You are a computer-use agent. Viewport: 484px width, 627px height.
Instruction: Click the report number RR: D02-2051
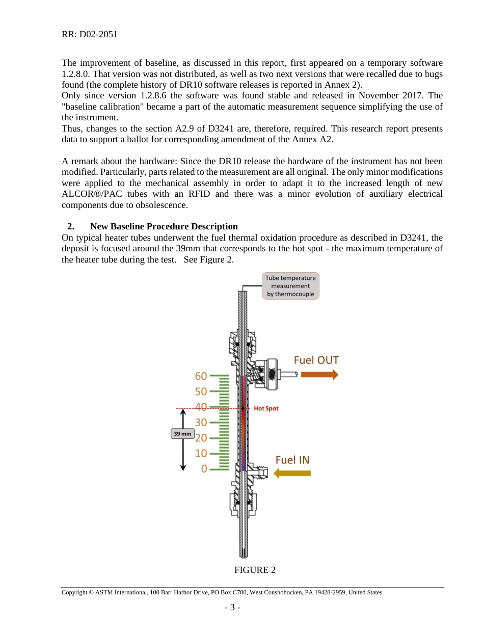tap(90, 34)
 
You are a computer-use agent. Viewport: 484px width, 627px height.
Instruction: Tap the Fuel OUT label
tap(316, 360)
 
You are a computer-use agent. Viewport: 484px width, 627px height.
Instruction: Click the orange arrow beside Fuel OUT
tap(319, 375)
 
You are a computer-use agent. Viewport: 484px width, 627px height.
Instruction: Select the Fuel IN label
tap(292, 460)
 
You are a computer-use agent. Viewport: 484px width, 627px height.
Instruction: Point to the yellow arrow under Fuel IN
tap(292, 473)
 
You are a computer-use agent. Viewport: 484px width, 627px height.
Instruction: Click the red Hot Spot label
tap(266, 409)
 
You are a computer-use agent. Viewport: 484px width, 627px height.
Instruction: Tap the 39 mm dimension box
tap(182, 434)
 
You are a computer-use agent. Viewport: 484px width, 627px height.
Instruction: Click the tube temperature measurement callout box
tap(290, 286)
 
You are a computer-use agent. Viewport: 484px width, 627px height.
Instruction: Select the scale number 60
tap(201, 376)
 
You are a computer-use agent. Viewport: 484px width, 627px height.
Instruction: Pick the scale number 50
tap(201, 391)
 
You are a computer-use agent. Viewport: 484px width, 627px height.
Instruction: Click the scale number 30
tap(201, 423)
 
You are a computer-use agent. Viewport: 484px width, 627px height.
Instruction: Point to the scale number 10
tap(201, 453)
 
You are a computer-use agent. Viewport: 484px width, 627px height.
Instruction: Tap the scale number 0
tap(204, 468)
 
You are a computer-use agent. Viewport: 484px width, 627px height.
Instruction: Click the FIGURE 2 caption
tap(255, 570)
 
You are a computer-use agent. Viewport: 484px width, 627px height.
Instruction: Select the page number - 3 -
tap(232, 608)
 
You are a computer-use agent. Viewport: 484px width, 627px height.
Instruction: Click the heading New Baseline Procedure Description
tap(164, 226)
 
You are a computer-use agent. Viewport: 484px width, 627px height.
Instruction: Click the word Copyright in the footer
tap(74, 593)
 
